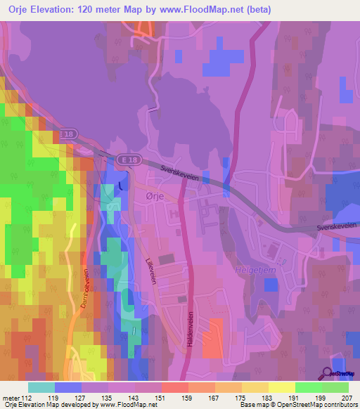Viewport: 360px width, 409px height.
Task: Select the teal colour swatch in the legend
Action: (41, 387)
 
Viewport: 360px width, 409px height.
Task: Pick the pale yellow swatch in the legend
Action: (281, 387)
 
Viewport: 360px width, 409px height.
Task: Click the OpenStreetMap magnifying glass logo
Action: (328, 373)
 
